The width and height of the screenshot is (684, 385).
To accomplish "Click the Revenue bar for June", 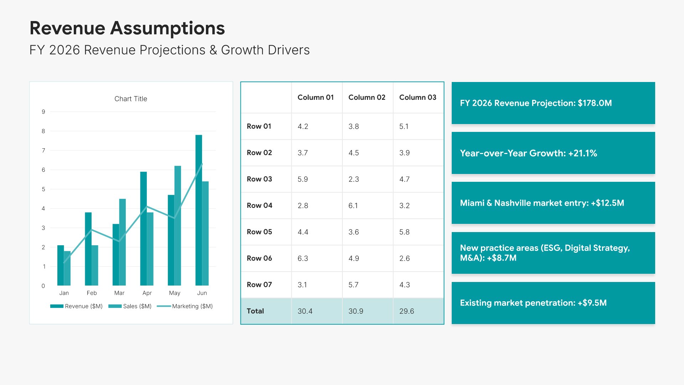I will pos(198,210).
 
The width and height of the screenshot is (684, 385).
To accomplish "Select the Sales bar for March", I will pos(123,242).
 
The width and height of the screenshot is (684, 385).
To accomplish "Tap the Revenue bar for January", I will pos(60,266).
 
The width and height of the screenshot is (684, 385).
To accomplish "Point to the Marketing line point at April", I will pos(147,206).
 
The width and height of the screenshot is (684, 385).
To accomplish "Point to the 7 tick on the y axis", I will pos(43,150).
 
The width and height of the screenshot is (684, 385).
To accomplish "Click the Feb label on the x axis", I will pos(92,293).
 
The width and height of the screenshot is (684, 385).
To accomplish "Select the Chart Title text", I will pos(131,99).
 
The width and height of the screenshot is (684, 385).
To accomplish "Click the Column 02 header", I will pos(367,97).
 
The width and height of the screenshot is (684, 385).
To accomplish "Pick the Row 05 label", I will pos(259,232).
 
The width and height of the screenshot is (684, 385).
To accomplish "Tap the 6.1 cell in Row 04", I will pos(353,205).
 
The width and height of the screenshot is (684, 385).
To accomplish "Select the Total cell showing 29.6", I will pos(406,311).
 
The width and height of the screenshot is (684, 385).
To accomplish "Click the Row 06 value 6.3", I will pos(302,258).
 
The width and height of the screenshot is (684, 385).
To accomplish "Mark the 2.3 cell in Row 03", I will pos(353,179).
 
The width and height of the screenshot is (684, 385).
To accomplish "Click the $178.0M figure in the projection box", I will pos(595,103).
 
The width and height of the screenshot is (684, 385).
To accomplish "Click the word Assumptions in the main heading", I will pos(167,28).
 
